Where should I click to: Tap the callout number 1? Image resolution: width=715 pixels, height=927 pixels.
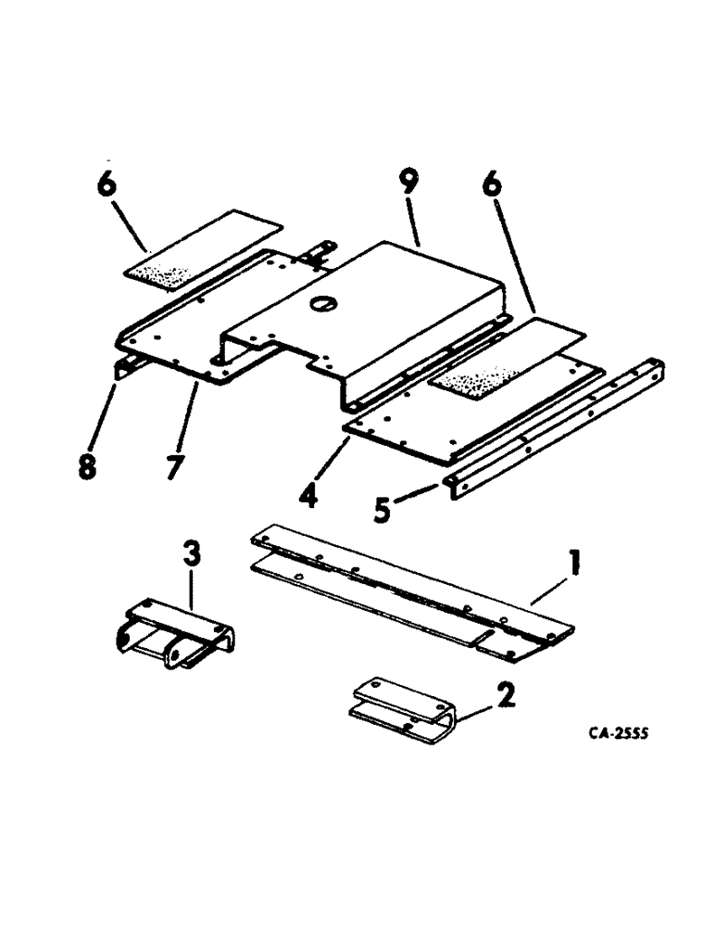[573, 563]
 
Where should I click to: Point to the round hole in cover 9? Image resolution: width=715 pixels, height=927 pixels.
[326, 303]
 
